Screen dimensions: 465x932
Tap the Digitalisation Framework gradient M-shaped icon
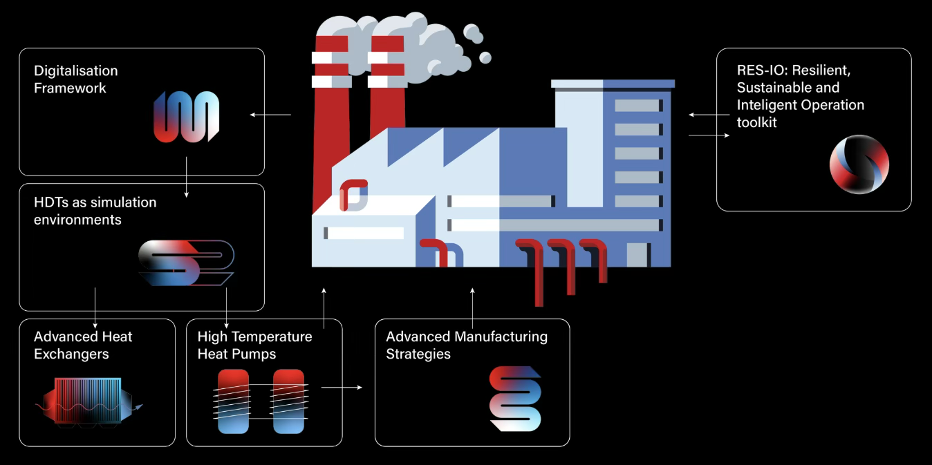(x=186, y=117)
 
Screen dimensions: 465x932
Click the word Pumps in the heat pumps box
(x=254, y=354)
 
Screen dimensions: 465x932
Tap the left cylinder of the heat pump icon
(x=233, y=401)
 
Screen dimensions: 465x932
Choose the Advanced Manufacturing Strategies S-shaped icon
(x=515, y=399)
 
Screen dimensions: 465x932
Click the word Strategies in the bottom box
(x=418, y=354)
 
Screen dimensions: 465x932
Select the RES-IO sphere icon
(x=859, y=164)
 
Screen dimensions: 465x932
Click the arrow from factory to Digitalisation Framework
(x=270, y=115)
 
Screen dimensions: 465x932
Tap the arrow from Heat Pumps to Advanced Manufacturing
(x=342, y=388)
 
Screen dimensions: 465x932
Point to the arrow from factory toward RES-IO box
(x=709, y=136)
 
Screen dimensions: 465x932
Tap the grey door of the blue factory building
(x=637, y=255)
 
